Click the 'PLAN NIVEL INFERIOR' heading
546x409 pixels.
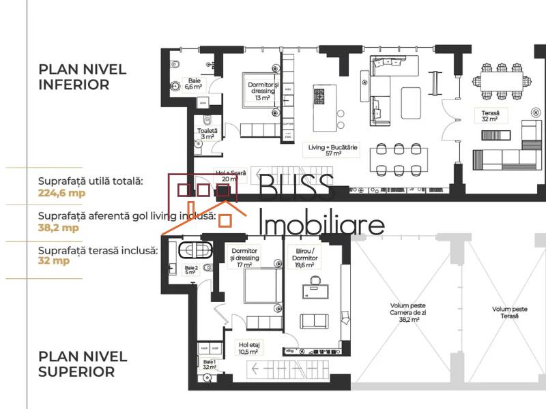(x=74, y=77)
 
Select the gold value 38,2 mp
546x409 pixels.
(x=58, y=228)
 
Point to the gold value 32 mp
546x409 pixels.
(x=55, y=260)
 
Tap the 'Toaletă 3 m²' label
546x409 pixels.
(x=207, y=134)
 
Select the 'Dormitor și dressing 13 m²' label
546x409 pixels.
(x=261, y=91)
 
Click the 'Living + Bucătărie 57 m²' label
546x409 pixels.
(x=324, y=149)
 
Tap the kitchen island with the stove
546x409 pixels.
(x=320, y=108)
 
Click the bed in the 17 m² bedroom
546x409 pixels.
(x=260, y=287)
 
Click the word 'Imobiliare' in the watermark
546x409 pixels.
(x=323, y=223)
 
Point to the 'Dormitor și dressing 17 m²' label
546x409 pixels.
(x=245, y=258)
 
